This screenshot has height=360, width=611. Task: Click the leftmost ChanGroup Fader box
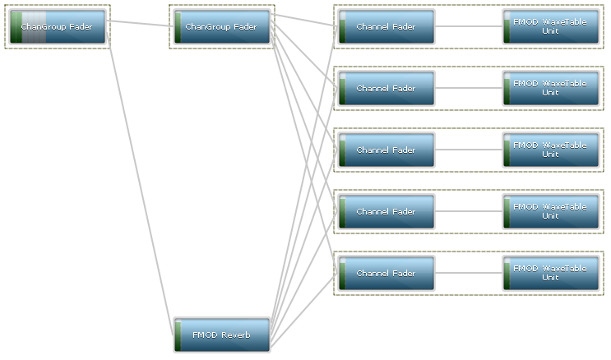click(x=58, y=27)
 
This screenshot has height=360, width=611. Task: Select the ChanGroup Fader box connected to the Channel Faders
click(x=222, y=27)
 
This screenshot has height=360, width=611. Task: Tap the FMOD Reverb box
click(x=222, y=335)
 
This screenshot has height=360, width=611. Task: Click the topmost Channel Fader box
click(x=387, y=27)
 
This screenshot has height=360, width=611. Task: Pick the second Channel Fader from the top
click(x=387, y=89)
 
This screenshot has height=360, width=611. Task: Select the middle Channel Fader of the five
click(x=387, y=150)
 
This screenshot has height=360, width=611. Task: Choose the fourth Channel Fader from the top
click(x=387, y=212)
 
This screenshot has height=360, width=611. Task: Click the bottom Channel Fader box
click(x=387, y=274)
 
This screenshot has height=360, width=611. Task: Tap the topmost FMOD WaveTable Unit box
click(x=551, y=27)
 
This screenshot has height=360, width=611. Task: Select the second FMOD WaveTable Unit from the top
click(x=551, y=89)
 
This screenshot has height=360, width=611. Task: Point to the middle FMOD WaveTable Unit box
click(x=551, y=150)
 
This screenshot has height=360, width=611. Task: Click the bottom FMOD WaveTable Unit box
click(x=551, y=274)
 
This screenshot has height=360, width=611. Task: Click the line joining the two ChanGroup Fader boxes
click(x=140, y=24)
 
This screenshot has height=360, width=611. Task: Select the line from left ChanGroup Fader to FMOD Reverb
click(x=140, y=181)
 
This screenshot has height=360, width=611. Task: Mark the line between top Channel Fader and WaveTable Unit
click(x=469, y=26)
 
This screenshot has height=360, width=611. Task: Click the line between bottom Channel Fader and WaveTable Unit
click(x=469, y=273)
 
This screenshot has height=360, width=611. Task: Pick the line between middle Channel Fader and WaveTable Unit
click(x=469, y=150)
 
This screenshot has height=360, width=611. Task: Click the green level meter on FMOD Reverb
click(x=178, y=335)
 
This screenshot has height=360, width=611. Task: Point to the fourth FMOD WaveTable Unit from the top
click(x=551, y=212)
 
